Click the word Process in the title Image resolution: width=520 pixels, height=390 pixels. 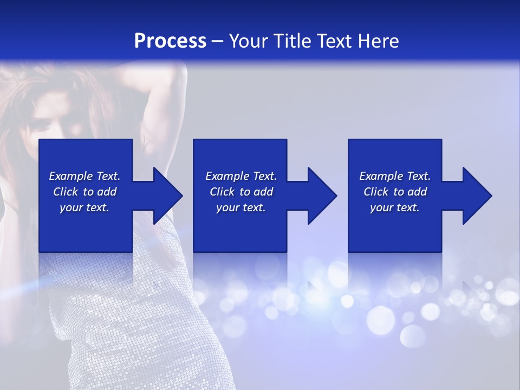(x=170, y=41)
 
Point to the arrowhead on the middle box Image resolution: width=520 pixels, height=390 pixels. (x=322, y=196)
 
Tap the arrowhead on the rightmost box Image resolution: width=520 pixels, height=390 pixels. (x=477, y=196)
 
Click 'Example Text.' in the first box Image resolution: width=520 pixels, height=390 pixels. (x=84, y=176)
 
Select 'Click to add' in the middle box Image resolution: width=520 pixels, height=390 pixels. (x=241, y=192)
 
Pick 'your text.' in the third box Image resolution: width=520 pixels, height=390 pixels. (x=395, y=207)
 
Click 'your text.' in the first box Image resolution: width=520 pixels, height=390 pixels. (x=84, y=207)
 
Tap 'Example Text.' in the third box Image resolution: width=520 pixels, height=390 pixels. (x=395, y=176)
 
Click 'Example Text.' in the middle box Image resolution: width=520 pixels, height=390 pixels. (x=241, y=176)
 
